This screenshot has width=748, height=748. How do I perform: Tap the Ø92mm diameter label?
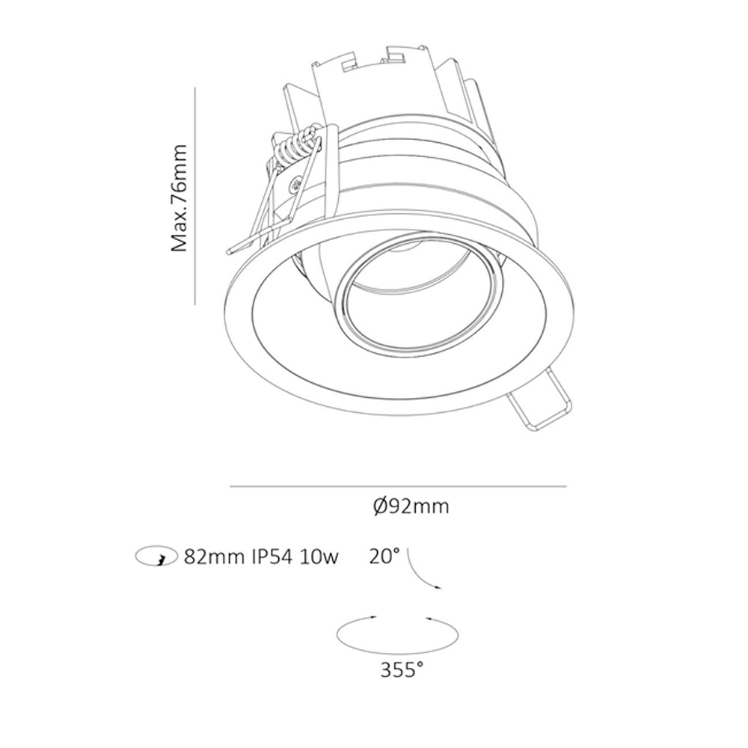click(411, 506)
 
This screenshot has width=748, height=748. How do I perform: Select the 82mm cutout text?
click(214, 557)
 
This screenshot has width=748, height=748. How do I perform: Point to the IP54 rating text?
click(272, 557)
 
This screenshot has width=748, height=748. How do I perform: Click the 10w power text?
click(319, 557)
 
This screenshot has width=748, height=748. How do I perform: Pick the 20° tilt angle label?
click(384, 556)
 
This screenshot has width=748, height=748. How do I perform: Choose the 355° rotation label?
click(402, 670)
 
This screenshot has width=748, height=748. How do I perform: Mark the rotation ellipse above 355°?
click(397, 652)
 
